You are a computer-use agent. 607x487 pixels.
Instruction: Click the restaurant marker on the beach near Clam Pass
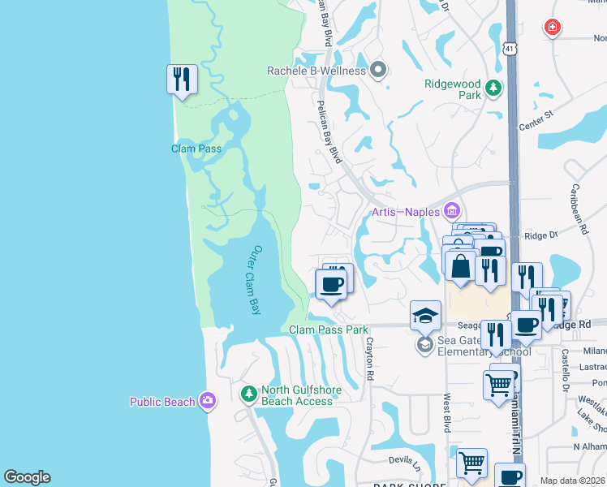point(181,80)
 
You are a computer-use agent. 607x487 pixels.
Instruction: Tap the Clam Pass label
point(196,149)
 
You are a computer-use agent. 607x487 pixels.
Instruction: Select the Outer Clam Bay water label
point(256,279)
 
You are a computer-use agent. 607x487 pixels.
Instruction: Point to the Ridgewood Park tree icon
point(492,87)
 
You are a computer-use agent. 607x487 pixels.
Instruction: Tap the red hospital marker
point(553,28)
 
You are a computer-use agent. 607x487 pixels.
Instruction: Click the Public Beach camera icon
point(208,401)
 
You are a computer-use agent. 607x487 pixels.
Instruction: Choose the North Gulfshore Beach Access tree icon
point(249,394)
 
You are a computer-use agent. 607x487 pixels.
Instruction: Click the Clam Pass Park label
point(329,330)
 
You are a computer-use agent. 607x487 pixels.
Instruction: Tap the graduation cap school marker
point(425,316)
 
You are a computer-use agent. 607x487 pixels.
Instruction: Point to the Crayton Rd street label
point(369,360)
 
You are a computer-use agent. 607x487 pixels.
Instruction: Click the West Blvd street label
point(446,413)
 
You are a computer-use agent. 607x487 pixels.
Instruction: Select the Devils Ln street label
point(406,460)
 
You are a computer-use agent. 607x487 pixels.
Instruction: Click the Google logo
point(27,477)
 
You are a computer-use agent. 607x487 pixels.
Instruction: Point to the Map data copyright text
point(573,481)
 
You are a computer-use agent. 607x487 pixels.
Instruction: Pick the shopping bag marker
point(460,266)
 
